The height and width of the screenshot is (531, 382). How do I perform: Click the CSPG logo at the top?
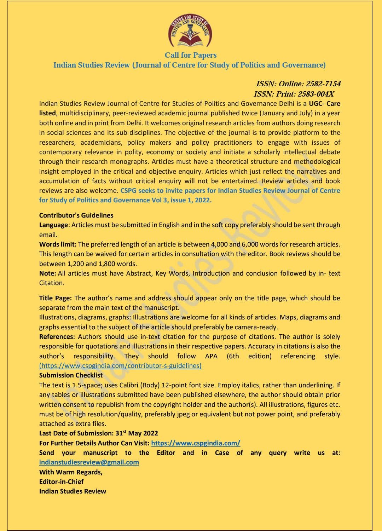(x=190, y=31)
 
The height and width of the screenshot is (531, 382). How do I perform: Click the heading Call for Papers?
(x=191, y=55)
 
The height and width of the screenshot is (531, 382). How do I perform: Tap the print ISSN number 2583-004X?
(x=316, y=94)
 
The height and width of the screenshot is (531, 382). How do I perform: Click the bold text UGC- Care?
(x=324, y=104)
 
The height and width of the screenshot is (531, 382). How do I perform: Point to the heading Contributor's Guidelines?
(x=76, y=215)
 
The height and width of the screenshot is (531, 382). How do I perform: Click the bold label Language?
(x=53, y=225)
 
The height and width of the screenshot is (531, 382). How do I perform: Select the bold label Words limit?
(x=58, y=244)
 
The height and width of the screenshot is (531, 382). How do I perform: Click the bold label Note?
(x=47, y=273)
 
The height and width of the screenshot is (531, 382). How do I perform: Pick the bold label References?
(x=57, y=337)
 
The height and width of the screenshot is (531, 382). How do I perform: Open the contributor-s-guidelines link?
(x=120, y=366)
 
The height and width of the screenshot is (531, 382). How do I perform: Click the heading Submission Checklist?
(x=71, y=375)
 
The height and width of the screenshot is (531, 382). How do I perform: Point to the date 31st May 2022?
(x=137, y=433)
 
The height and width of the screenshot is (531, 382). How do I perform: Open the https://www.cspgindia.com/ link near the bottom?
(x=196, y=443)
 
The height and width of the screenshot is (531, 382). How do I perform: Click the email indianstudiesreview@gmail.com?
(x=89, y=462)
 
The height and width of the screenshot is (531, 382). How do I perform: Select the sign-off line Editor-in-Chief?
(x=61, y=481)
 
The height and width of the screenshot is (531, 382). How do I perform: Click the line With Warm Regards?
(x=71, y=472)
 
